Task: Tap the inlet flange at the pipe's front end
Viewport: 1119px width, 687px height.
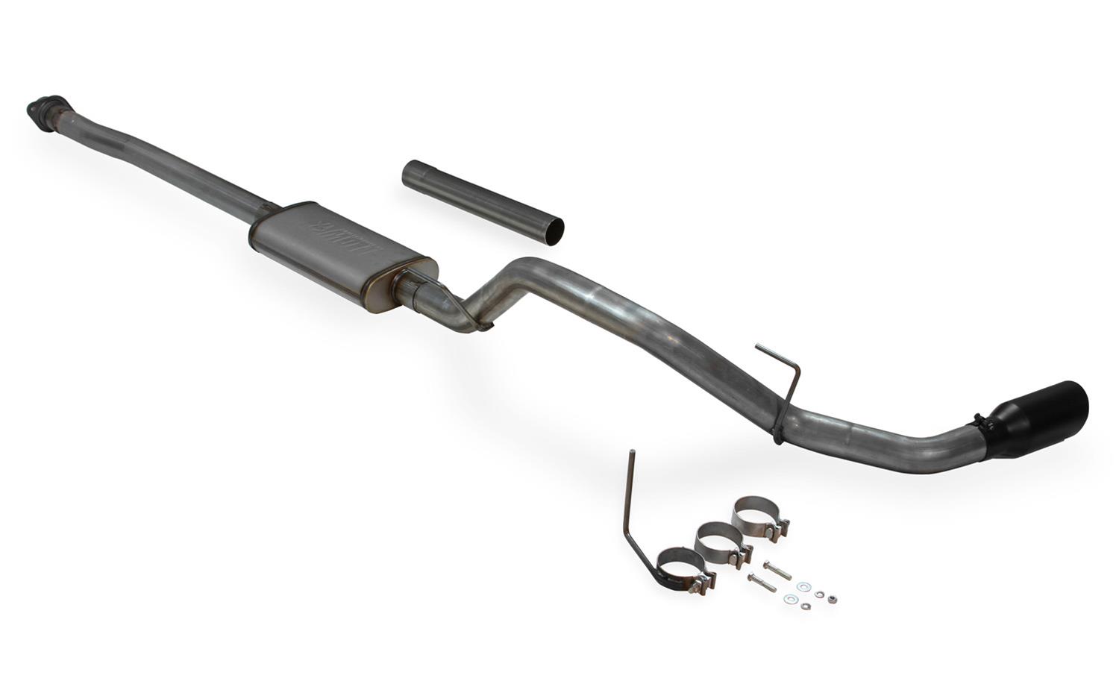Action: pyautogui.click(x=44, y=110)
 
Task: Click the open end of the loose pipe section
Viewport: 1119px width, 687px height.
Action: pyautogui.click(x=552, y=230)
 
